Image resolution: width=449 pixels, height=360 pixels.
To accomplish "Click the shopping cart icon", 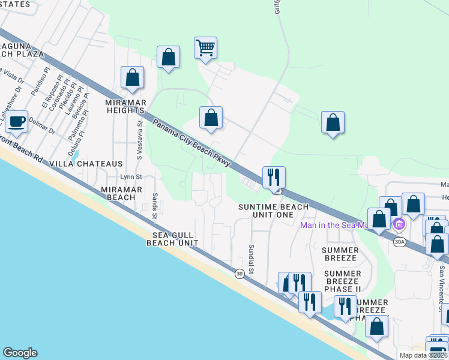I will point(205,47).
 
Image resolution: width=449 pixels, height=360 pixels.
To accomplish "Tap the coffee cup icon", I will point(17,122).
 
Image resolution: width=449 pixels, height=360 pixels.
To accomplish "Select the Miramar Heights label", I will point(125,106).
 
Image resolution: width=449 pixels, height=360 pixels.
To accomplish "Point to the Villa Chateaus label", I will point(86,164).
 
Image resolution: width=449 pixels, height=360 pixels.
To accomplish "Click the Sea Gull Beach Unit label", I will point(172,239).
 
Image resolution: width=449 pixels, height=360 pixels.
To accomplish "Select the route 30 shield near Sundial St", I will point(240,274).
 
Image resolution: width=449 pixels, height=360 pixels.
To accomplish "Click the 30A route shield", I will point(400,242).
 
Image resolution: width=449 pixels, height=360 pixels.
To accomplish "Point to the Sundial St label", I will point(252,259).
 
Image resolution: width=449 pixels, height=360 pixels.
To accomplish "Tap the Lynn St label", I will point(131,177).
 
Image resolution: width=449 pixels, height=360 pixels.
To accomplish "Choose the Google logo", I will point(20,353).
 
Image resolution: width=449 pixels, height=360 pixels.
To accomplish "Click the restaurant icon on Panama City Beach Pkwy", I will point(273,177).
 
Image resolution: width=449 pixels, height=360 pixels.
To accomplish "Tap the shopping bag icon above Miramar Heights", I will point(132,78).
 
